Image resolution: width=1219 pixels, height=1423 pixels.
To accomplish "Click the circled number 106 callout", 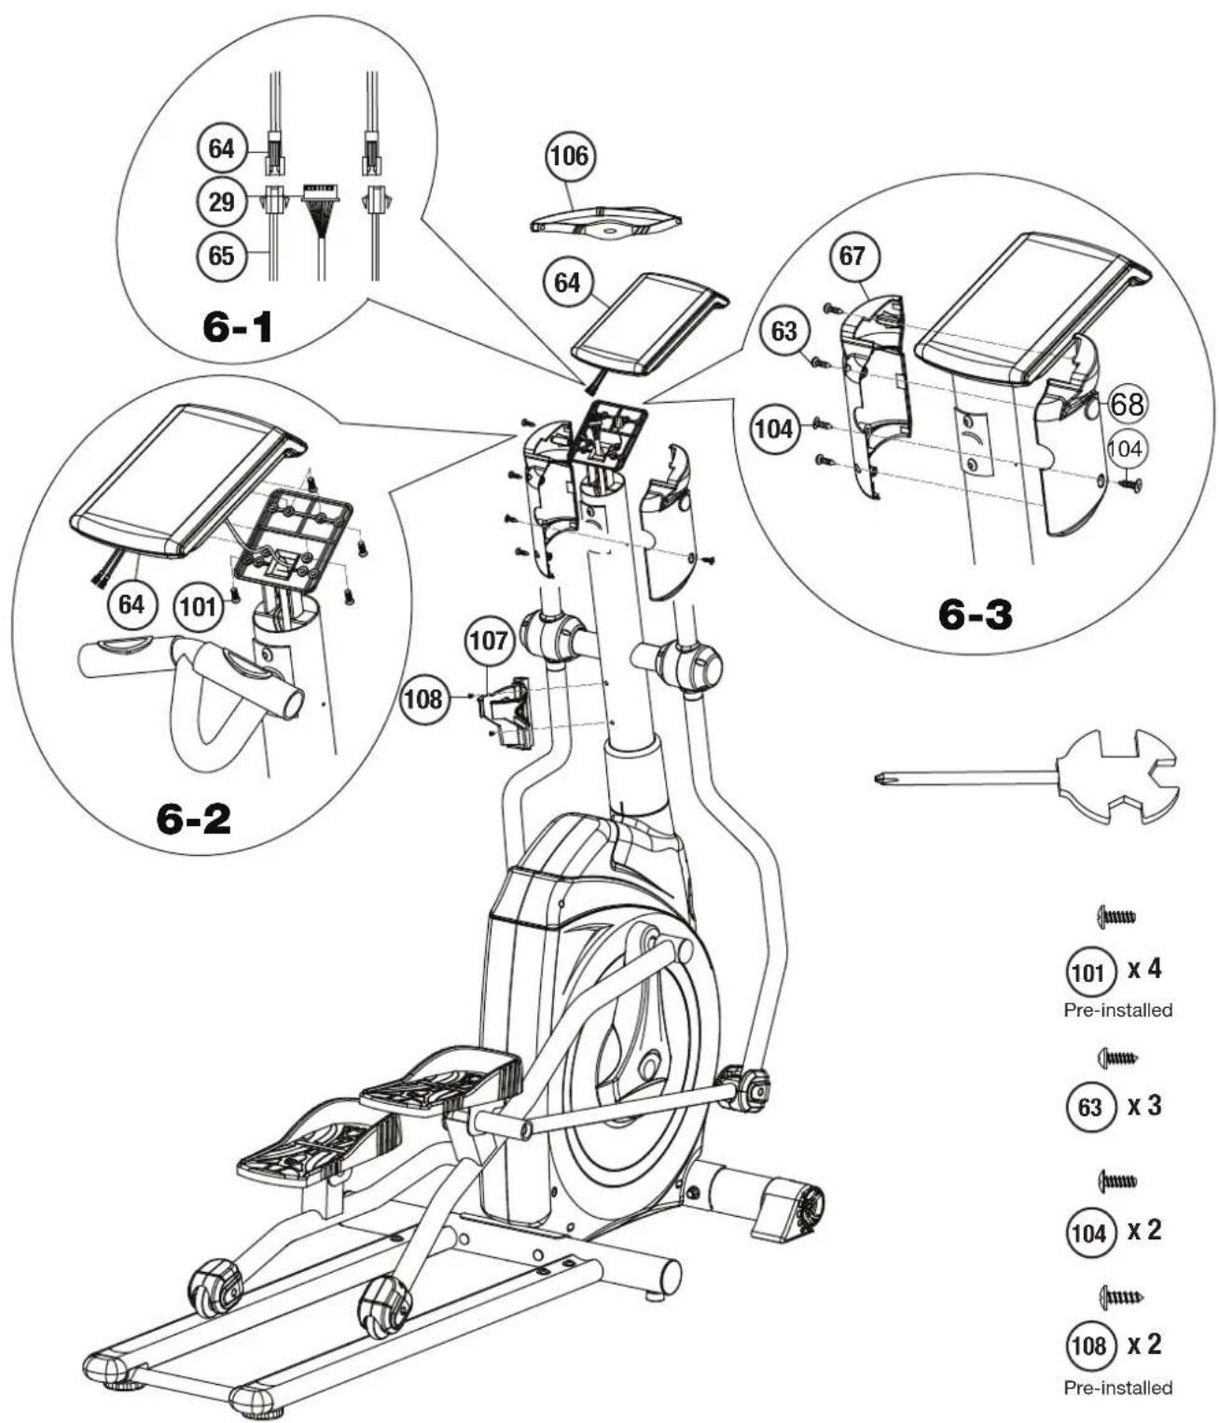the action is point(570,157).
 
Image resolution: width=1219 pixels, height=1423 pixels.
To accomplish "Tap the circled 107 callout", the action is point(489,641).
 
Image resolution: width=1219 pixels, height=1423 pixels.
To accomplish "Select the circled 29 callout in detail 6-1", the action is point(221,202).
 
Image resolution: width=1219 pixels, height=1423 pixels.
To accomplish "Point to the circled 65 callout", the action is point(221,256).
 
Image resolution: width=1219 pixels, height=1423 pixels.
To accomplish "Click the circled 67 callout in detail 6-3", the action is point(852,256).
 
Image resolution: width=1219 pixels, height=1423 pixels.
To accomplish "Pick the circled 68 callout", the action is point(1128,404).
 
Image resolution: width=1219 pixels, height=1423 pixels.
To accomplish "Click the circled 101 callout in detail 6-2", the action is point(198,606).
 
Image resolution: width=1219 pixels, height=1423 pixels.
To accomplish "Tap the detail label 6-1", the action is point(238,327).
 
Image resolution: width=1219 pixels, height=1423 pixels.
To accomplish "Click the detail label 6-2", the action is point(194,819).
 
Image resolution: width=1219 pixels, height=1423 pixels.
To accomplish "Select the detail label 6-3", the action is point(976,615).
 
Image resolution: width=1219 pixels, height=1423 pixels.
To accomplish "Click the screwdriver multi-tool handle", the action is point(1115,777).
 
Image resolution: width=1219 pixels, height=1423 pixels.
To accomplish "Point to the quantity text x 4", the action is point(1144,969).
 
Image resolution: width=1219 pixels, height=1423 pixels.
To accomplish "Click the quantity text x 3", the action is point(1144,1105).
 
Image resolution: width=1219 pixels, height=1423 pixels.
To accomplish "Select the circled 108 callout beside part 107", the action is point(422,699).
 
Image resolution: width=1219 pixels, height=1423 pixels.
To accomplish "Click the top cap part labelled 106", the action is point(606,222).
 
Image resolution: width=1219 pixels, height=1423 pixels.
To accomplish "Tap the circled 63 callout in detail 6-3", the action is point(783,331).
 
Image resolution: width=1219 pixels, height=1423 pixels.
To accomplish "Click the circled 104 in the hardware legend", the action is point(1088,1232).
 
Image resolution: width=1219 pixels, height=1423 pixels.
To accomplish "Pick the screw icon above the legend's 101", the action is point(1115,917).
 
